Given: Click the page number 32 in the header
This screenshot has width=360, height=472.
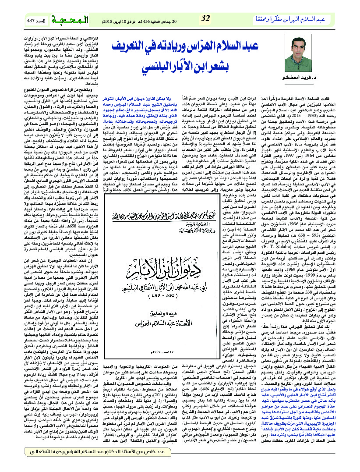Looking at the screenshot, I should coord(206,18).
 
